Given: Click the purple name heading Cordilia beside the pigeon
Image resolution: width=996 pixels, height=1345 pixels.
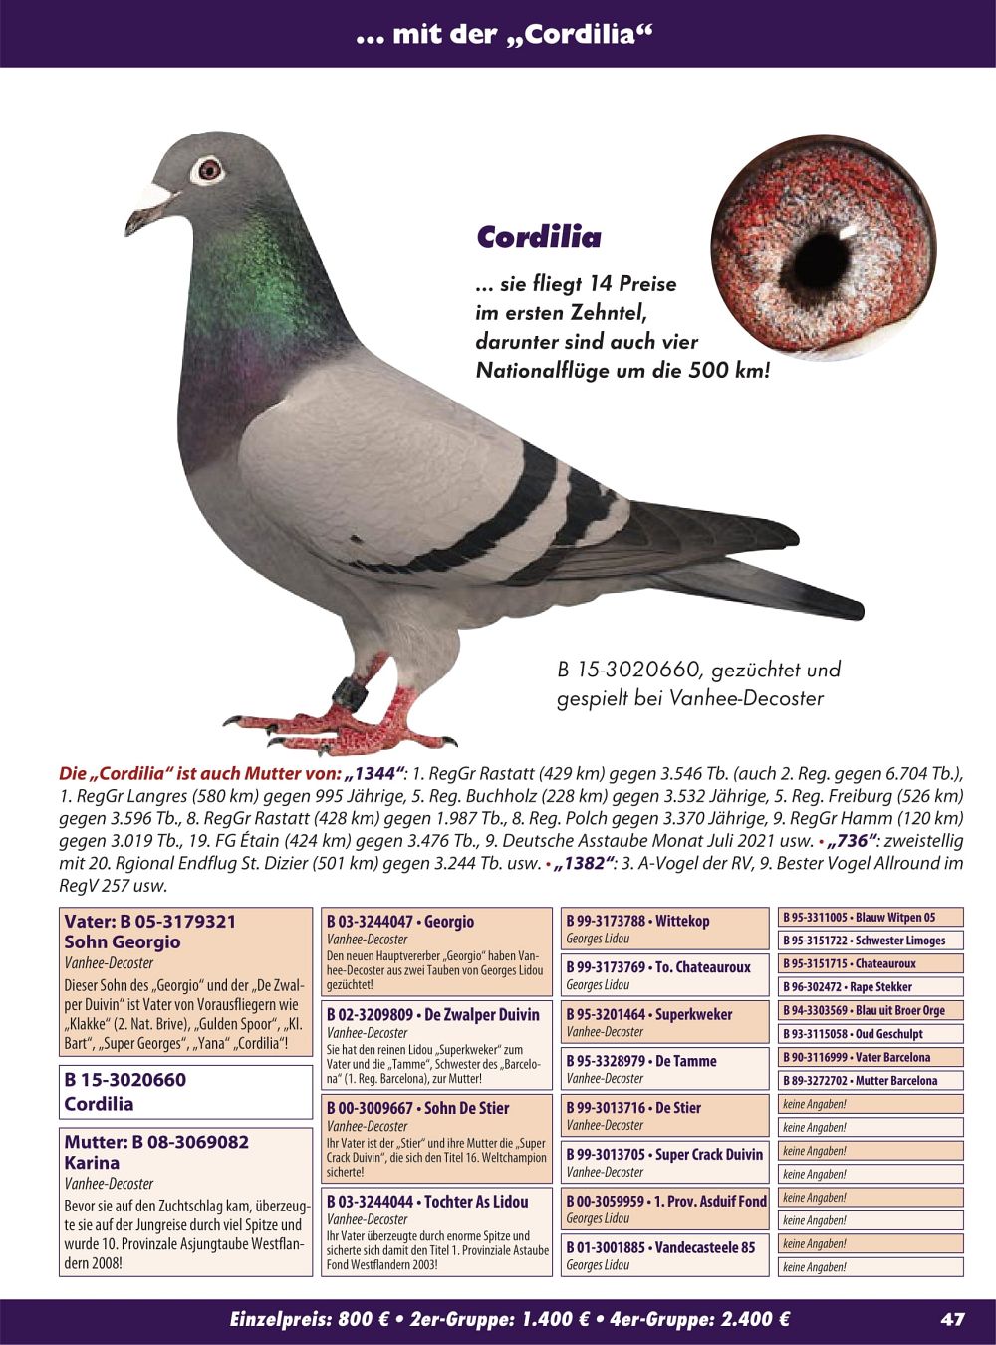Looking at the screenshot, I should (539, 237).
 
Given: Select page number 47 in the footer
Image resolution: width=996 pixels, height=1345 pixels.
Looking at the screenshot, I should (952, 1319).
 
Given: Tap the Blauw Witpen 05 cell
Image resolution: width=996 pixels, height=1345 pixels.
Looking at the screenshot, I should (871, 918).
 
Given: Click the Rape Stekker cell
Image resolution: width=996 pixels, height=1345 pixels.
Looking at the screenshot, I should (871, 987).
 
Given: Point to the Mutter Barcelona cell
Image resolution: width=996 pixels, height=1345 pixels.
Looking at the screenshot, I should (871, 1080).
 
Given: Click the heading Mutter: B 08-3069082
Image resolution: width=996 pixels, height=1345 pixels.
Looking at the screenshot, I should (156, 1142).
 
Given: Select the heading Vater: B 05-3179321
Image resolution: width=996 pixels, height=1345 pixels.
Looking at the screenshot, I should (150, 921).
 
